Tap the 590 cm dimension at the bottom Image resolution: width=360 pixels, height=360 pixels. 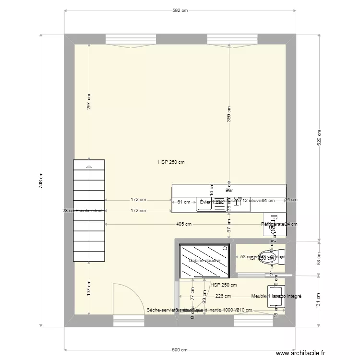tap(180, 350)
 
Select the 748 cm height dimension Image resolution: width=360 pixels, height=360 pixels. tap(41, 180)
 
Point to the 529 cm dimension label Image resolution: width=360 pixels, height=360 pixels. tap(318, 137)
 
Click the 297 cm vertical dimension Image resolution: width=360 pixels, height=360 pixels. tap(89, 102)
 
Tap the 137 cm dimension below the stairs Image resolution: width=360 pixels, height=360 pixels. tap(89, 289)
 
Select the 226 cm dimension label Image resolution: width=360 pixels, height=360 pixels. tap(223, 296)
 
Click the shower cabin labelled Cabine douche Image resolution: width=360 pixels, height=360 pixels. tap(204, 261)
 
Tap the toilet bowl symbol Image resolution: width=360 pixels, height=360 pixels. tap(267, 256)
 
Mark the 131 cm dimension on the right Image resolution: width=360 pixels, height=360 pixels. tap(318, 301)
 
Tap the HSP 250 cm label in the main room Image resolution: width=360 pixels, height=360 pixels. tap(171, 162)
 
